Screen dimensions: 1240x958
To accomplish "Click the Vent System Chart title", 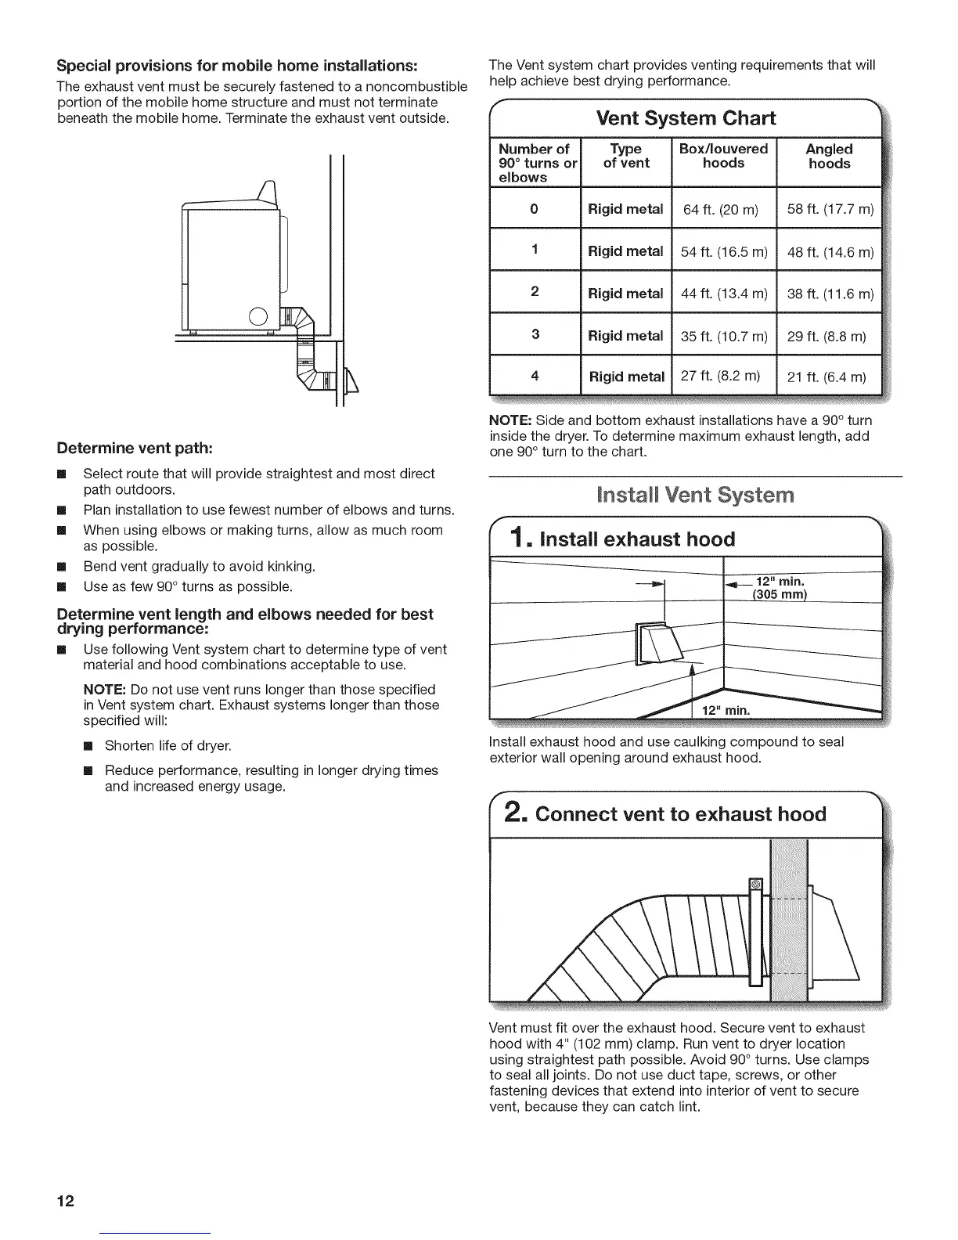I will tap(685, 118).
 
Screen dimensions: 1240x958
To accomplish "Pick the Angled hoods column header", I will tap(829, 157).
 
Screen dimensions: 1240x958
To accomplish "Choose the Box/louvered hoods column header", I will tap(723, 156).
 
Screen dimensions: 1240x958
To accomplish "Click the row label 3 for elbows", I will tap(535, 334).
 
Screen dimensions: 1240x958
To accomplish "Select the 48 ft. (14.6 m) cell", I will tap(830, 252).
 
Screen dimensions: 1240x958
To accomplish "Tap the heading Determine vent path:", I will tap(135, 449).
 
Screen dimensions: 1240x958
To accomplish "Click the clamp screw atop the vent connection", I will tap(755, 884).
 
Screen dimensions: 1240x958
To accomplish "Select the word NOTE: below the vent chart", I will tap(510, 421).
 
